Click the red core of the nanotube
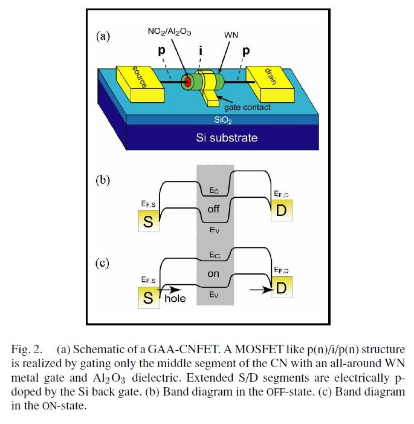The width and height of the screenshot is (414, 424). [188, 82]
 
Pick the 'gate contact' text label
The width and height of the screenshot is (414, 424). [247, 106]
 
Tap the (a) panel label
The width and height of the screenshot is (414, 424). [104, 36]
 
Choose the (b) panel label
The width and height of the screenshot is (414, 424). [104, 180]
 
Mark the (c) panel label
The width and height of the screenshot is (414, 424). [104, 263]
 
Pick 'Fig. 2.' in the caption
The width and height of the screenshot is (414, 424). [28, 350]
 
